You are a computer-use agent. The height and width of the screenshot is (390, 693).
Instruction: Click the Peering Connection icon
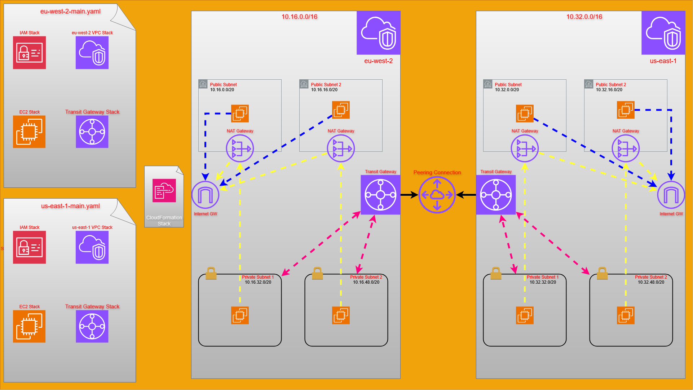437,195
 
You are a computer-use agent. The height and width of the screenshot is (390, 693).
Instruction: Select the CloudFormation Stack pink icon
164,191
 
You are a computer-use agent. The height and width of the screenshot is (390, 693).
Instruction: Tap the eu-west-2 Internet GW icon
206,195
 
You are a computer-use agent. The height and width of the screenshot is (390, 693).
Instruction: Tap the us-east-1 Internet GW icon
671,195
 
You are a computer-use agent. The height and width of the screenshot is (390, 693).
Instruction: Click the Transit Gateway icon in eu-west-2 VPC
380,195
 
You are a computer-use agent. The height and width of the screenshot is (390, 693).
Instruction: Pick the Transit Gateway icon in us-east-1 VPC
496,195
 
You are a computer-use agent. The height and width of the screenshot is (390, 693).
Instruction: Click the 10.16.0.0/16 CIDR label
299,17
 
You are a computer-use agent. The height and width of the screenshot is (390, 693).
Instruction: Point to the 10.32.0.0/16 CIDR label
584,17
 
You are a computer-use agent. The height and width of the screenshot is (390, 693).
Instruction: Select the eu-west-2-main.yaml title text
70,12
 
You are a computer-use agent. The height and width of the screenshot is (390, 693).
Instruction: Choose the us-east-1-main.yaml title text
70,206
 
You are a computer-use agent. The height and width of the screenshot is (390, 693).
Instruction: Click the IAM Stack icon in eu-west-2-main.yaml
30,53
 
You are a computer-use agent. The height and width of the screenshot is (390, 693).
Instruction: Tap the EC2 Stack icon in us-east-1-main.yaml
30,326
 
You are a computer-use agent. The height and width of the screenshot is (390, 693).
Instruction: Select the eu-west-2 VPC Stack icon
92,53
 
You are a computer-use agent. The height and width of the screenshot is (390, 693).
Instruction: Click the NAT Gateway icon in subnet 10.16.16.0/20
341,148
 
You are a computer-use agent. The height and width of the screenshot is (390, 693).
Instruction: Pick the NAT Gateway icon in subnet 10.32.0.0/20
525,148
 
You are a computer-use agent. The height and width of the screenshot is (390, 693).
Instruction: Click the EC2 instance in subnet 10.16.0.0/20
240,114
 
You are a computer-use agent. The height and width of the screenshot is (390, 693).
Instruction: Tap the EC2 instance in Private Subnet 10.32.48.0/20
626,315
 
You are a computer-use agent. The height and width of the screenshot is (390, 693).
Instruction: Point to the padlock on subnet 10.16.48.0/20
317,273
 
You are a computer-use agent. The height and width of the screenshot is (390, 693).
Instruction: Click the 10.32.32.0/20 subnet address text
543,282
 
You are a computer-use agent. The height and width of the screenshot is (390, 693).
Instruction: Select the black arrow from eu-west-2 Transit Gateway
409,195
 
